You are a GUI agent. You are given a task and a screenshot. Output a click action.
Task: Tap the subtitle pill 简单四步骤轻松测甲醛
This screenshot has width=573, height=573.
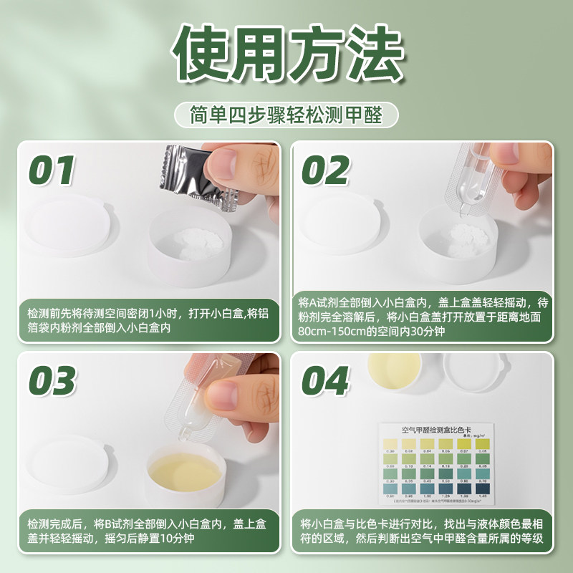[286, 115]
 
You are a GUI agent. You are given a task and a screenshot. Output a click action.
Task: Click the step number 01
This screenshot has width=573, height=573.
[52, 170]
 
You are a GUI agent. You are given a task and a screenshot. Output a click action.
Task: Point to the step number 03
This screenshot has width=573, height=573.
[52, 382]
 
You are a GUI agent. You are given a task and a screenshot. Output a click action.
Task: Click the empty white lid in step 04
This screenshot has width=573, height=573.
[473, 369]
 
